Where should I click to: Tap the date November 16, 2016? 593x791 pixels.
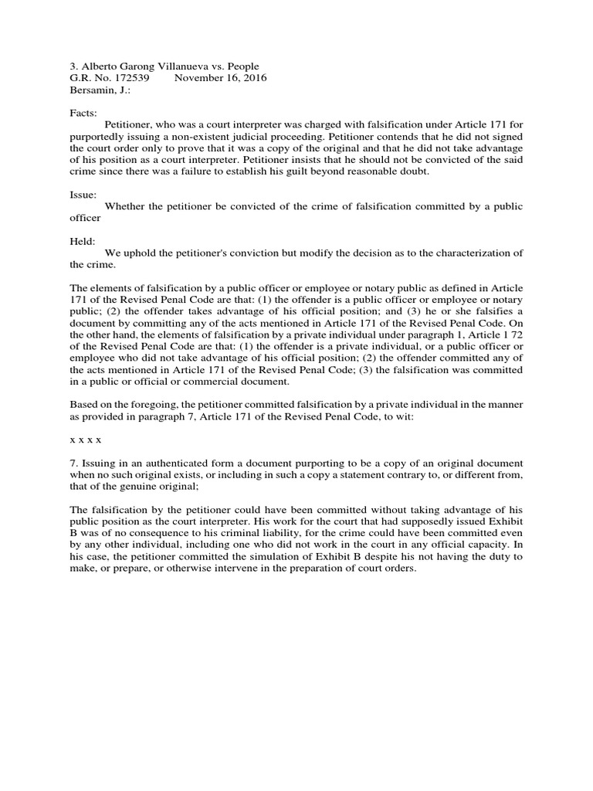[x=220, y=79]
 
